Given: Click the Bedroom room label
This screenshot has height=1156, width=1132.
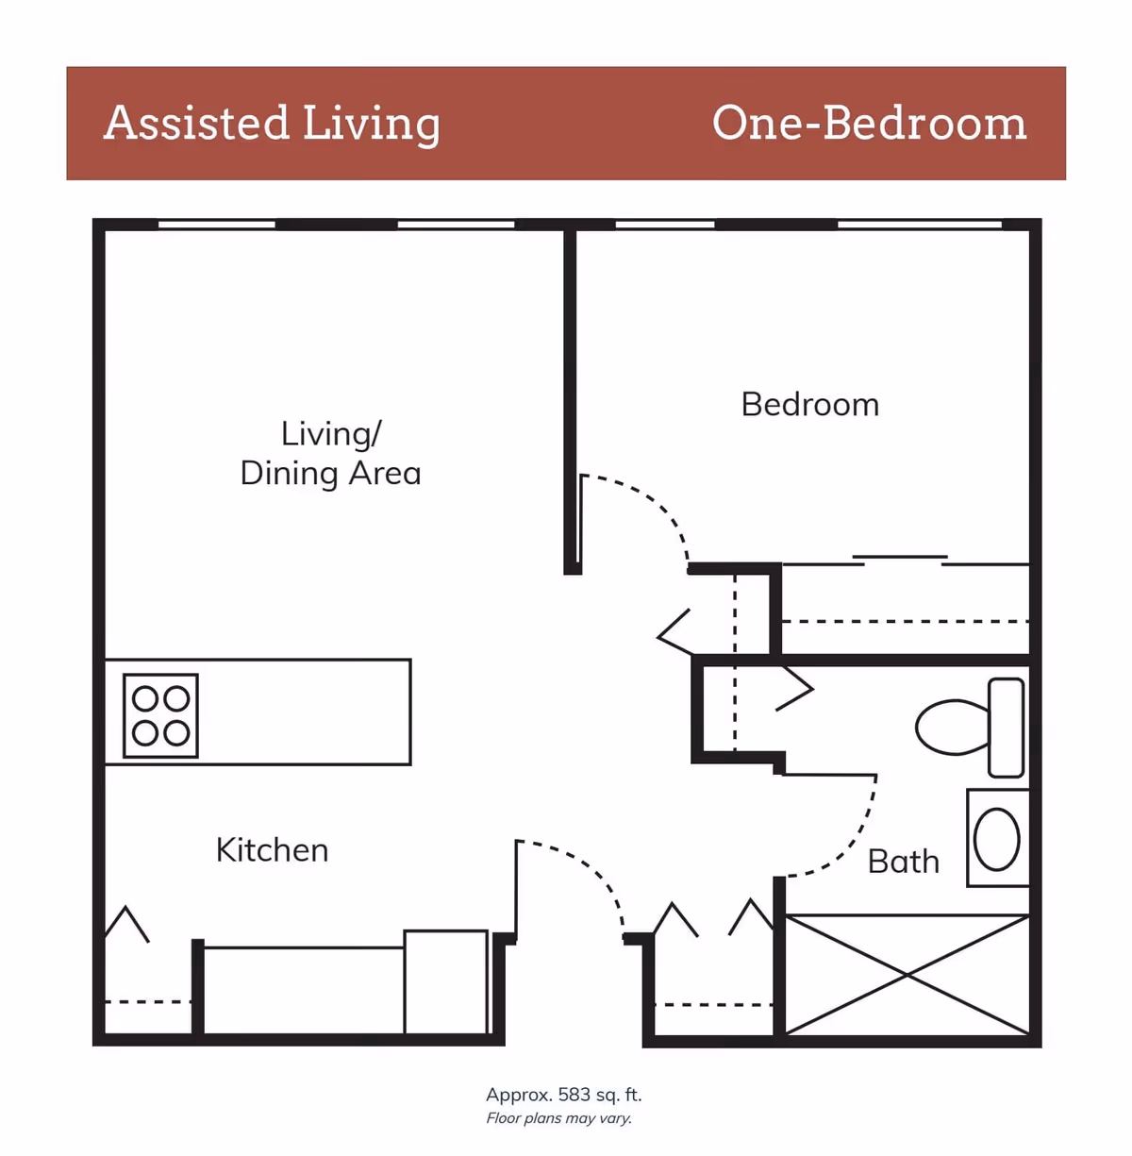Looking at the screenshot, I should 809,405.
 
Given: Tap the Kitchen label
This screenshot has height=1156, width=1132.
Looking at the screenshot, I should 272,850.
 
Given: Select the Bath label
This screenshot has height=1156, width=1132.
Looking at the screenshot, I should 903,862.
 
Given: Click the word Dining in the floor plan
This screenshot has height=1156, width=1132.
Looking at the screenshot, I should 289,473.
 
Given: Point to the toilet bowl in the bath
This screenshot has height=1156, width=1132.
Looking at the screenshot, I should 951,727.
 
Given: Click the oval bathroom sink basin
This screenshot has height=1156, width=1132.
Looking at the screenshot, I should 996,839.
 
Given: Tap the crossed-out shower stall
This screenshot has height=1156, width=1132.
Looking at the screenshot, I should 906,974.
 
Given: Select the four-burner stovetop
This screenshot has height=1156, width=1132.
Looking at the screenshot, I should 160,715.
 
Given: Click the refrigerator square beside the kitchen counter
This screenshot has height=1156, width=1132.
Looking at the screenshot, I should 446,981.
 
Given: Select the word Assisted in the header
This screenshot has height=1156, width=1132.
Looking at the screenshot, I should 196,124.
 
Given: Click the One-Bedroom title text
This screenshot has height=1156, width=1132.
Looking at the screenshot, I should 869,124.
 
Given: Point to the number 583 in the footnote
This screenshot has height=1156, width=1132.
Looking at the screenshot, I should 574,1095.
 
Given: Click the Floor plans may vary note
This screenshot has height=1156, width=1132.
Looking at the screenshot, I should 558,1118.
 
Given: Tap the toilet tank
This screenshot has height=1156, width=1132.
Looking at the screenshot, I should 1006,727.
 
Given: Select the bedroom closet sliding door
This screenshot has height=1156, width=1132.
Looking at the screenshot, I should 901,559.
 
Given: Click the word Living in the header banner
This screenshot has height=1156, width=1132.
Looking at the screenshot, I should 371,124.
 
